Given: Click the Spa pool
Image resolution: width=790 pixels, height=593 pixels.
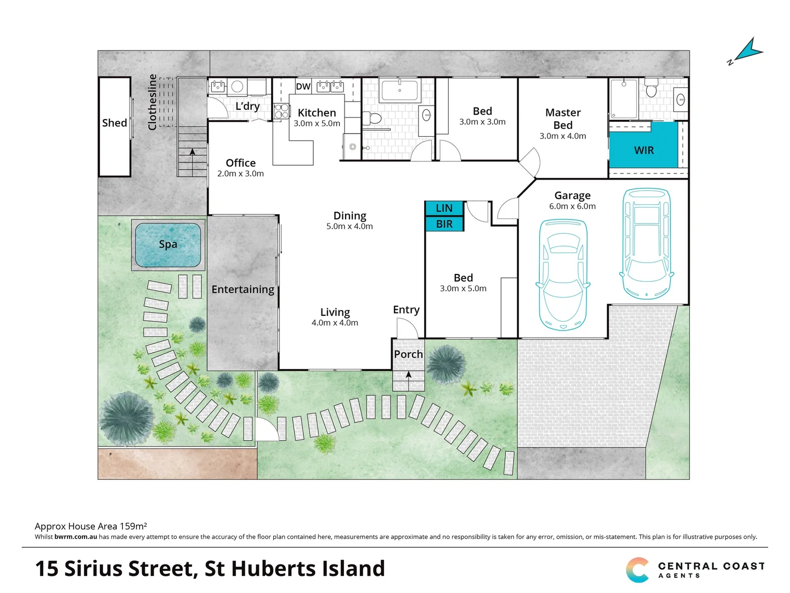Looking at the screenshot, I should (x=168, y=245).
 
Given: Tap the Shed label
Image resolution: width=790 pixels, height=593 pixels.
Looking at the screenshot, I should (x=114, y=123).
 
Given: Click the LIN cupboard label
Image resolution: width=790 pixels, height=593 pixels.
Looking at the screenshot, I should (x=444, y=208).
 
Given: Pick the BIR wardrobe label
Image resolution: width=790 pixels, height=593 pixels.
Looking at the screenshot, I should (x=444, y=224).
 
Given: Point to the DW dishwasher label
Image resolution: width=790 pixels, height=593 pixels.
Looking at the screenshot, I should (x=303, y=86).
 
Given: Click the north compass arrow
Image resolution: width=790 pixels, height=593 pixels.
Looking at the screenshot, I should (x=748, y=51).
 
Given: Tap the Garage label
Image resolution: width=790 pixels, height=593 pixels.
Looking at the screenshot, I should (x=572, y=195).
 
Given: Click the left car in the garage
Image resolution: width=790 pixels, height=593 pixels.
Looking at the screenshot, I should (x=563, y=275).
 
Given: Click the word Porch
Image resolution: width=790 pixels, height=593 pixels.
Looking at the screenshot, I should (x=408, y=355).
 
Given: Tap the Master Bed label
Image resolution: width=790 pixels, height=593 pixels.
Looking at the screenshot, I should (x=563, y=119).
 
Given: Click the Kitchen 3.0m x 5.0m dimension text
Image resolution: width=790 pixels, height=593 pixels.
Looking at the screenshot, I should (x=317, y=124).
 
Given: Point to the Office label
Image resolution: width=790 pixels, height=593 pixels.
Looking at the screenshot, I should (x=240, y=163).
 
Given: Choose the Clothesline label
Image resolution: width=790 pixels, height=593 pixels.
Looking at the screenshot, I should (x=153, y=102).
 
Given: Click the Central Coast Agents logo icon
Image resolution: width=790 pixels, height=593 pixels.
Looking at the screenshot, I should (x=637, y=570).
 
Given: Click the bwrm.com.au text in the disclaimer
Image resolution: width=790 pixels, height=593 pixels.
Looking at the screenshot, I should (x=76, y=537).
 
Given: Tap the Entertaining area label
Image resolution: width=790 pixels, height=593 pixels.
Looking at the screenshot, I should (x=242, y=289).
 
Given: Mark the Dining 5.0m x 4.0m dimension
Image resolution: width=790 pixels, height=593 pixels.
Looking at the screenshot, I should (x=349, y=226).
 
